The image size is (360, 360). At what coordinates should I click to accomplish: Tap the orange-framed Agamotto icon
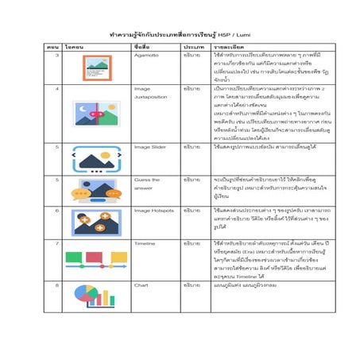[x=97, y=68]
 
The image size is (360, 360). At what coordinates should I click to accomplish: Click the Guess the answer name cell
[x=146, y=184]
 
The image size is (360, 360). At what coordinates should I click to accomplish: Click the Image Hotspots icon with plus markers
[x=96, y=220]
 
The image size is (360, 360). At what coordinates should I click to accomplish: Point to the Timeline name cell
[x=145, y=242]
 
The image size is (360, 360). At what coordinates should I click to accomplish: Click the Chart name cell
[x=141, y=284]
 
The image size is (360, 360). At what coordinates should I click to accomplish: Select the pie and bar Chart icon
[x=96, y=296]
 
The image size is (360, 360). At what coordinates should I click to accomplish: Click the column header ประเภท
[x=193, y=48]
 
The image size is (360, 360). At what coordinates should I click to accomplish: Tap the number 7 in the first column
[x=56, y=242]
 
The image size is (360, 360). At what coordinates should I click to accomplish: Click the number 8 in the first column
[x=56, y=284]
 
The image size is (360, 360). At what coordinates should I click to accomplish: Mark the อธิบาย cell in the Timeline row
[x=192, y=242]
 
